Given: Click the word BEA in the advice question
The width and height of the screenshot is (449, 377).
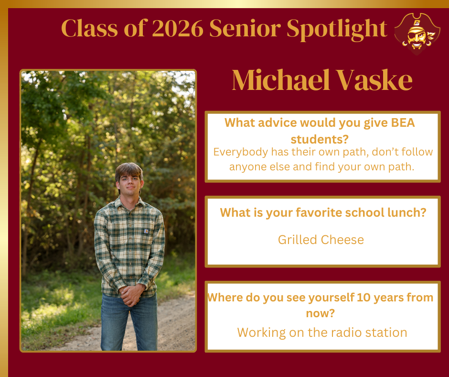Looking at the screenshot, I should click(403, 122).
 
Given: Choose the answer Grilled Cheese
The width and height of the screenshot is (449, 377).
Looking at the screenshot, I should click(321, 240).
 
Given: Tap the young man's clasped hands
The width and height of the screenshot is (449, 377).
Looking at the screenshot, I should click(130, 295).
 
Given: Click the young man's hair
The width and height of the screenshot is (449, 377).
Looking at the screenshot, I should click(129, 171).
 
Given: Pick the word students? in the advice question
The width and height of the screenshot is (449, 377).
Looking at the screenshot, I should click(319, 139).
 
